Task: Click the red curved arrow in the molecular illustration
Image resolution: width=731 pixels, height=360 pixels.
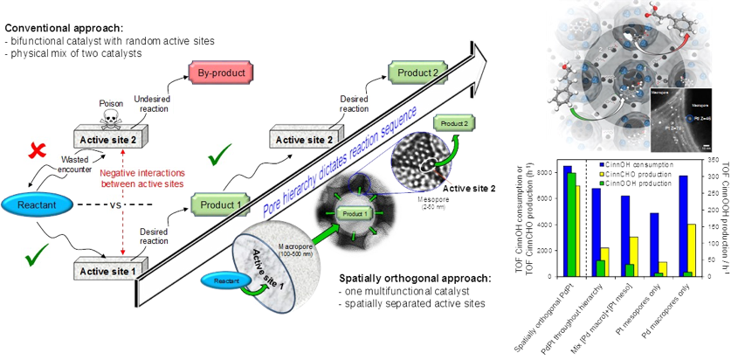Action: (x=678, y=38)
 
